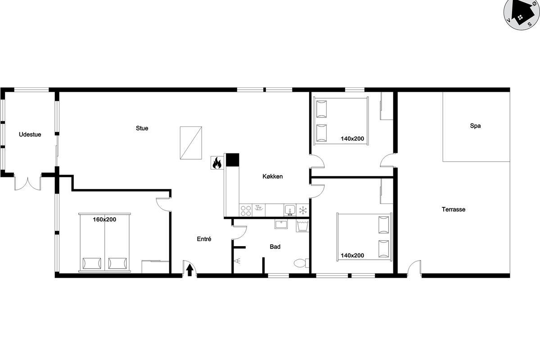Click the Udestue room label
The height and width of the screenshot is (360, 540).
[x=30, y=135]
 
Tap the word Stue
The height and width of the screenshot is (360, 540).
[x=142, y=128]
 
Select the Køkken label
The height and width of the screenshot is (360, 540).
[x=272, y=176]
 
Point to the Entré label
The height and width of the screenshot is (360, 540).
[x=204, y=239]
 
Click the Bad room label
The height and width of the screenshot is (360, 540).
[x=275, y=247]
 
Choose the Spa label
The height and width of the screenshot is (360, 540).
[x=475, y=126]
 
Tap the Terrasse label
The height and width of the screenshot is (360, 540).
[x=454, y=209]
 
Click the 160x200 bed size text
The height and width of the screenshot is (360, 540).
[x=104, y=220]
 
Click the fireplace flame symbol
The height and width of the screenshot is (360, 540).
[x=217, y=163]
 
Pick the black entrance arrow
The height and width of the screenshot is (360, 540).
[x=190, y=270]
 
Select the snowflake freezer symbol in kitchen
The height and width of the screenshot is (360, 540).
[x=303, y=210]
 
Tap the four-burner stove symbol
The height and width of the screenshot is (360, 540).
[x=246, y=210]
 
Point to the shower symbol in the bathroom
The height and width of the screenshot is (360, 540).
[x=238, y=261]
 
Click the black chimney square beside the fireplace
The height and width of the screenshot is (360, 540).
[x=232, y=160]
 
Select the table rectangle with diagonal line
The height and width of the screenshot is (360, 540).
[x=191, y=143]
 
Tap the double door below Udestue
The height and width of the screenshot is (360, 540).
[x=28, y=184]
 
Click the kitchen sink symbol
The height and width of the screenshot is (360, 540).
[x=290, y=210]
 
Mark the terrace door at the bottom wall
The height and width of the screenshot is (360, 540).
[x=414, y=268]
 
